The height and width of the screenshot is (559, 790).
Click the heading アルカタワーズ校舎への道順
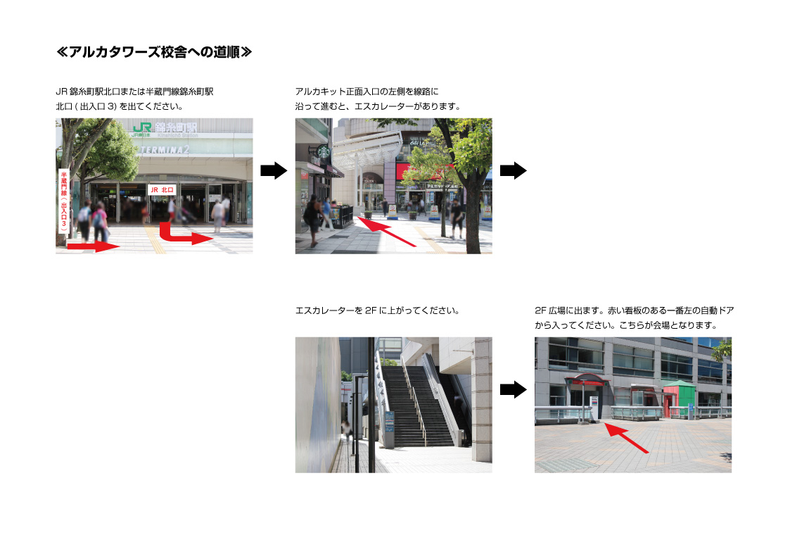coord(153,52)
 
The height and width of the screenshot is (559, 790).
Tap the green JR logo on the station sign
coord(142,128)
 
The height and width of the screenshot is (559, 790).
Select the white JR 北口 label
coord(162,189)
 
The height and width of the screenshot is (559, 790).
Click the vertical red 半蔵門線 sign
coord(64,201)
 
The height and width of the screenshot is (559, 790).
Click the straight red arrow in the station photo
coord(93,246)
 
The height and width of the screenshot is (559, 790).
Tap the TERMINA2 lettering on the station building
coord(165,150)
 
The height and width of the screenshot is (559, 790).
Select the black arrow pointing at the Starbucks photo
coord(274,170)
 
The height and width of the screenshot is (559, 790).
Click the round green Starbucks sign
coord(322,151)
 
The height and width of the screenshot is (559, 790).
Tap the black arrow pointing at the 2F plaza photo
coord(513,389)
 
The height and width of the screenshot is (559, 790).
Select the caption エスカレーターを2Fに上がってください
coord(377,310)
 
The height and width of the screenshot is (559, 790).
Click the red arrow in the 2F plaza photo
coord(626,438)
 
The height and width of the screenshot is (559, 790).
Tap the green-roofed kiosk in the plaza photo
coord(679,398)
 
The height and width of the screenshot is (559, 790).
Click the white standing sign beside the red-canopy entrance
coord(594,409)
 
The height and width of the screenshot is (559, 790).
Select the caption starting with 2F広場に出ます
coord(634,318)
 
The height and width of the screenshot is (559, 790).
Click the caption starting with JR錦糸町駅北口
coord(134,99)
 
